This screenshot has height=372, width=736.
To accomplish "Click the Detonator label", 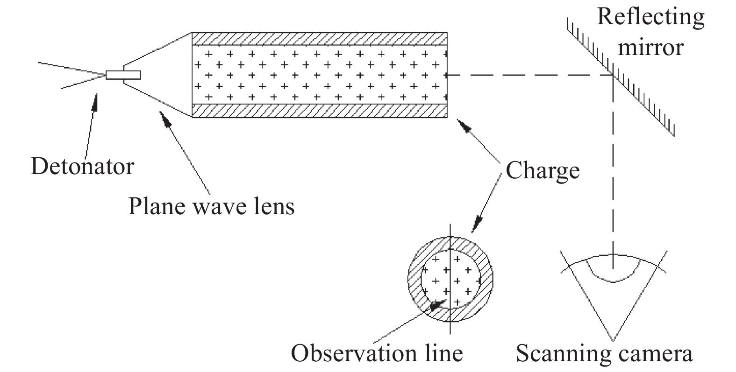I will [82, 167].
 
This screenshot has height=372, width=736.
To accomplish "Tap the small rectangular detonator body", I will [123, 75].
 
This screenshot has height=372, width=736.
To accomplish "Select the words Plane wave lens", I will [211, 206].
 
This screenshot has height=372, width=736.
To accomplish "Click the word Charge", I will [543, 170].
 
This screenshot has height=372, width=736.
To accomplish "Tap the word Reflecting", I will [650, 17].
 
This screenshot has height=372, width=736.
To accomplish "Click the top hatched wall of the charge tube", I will [320, 39].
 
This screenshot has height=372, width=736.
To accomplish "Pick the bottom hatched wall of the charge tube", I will [320, 111].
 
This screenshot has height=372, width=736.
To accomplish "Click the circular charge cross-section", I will [450, 279].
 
